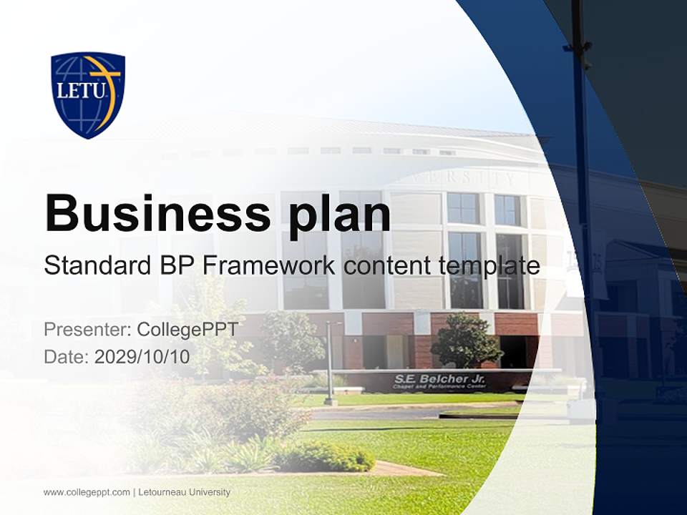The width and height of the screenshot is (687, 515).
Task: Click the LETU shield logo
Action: coord(88,94)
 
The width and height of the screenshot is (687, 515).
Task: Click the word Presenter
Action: coord(87,330)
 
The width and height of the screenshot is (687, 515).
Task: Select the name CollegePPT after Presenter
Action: coord(187,330)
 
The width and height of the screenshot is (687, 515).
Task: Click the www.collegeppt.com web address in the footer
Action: coord(87,492)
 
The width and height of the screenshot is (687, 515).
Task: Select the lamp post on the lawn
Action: coord(330,361)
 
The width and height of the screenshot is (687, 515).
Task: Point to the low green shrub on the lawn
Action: coord(326,456)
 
